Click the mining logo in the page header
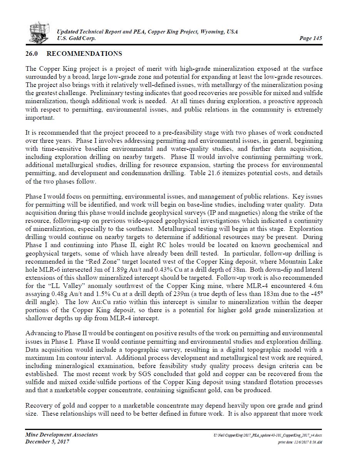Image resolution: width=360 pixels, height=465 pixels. point(39,32)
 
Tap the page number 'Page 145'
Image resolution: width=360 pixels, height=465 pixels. point(310,38)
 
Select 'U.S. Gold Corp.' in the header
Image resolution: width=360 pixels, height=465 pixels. point(76,38)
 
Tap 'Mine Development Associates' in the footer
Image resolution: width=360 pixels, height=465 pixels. point(62,435)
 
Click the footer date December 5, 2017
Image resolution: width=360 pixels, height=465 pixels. point(47,442)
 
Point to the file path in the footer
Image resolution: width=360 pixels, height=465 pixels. point(268,435)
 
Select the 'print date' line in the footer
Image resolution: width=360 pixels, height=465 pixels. point(300,442)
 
